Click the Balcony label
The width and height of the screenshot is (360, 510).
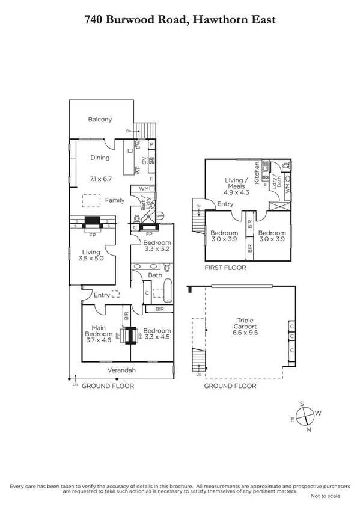click(x=100, y=119)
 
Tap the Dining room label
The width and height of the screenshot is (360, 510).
click(x=100, y=158)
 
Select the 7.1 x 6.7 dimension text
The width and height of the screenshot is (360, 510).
click(x=100, y=179)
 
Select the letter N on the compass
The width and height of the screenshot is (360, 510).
click(x=309, y=431)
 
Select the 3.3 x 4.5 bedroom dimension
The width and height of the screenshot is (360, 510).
click(x=156, y=338)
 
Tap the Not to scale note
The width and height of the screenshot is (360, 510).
click(x=325, y=496)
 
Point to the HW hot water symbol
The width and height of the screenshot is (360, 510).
click(x=159, y=215)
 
